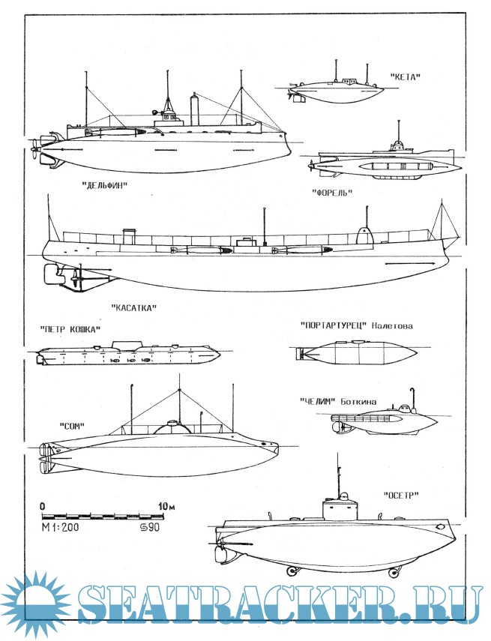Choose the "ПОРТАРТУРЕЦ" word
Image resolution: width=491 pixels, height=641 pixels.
point(330,325)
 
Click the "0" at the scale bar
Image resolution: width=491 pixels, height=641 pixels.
point(43,506)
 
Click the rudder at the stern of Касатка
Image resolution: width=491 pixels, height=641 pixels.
point(52,276)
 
